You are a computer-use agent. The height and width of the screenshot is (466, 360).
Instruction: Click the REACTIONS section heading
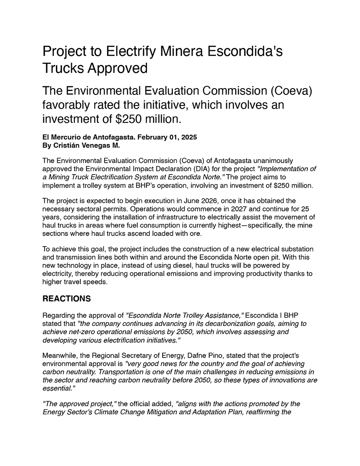coord(66,299)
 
